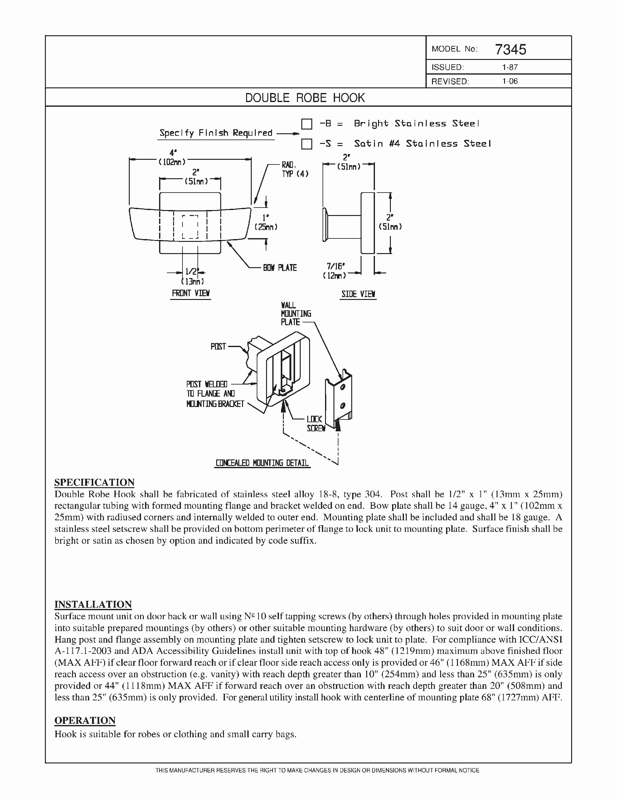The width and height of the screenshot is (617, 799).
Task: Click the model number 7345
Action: pyautogui.click(x=511, y=49)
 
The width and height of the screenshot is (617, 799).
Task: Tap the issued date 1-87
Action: pyautogui.click(x=509, y=67)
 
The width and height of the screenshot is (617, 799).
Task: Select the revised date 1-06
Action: pyautogui.click(x=510, y=81)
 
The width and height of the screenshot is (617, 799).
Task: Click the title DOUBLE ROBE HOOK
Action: pyautogui.click(x=305, y=98)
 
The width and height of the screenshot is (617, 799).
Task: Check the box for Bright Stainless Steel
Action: pyautogui.click(x=307, y=124)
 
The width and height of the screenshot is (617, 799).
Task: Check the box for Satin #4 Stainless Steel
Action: pyautogui.click(x=307, y=144)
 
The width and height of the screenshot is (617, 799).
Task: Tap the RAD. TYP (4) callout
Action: pyautogui.click(x=294, y=170)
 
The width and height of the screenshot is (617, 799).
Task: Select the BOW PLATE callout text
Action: pyautogui.click(x=280, y=268)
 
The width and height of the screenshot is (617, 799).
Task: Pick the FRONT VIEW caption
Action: pyautogui.click(x=191, y=293)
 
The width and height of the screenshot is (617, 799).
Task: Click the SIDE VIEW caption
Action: pyautogui.click(x=358, y=294)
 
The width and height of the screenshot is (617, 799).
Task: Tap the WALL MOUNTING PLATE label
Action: pyautogui.click(x=295, y=314)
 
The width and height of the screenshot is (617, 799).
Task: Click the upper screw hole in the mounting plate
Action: pyautogui.click(x=343, y=387)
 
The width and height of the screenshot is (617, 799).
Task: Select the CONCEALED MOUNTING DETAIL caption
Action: pyautogui.click(x=262, y=463)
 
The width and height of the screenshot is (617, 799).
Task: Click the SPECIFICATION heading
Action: pyautogui.click(x=95, y=482)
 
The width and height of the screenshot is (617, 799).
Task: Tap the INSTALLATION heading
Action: pyautogui.click(x=93, y=604)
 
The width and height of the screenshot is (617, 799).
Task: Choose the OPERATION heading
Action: pyautogui.click(x=85, y=720)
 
